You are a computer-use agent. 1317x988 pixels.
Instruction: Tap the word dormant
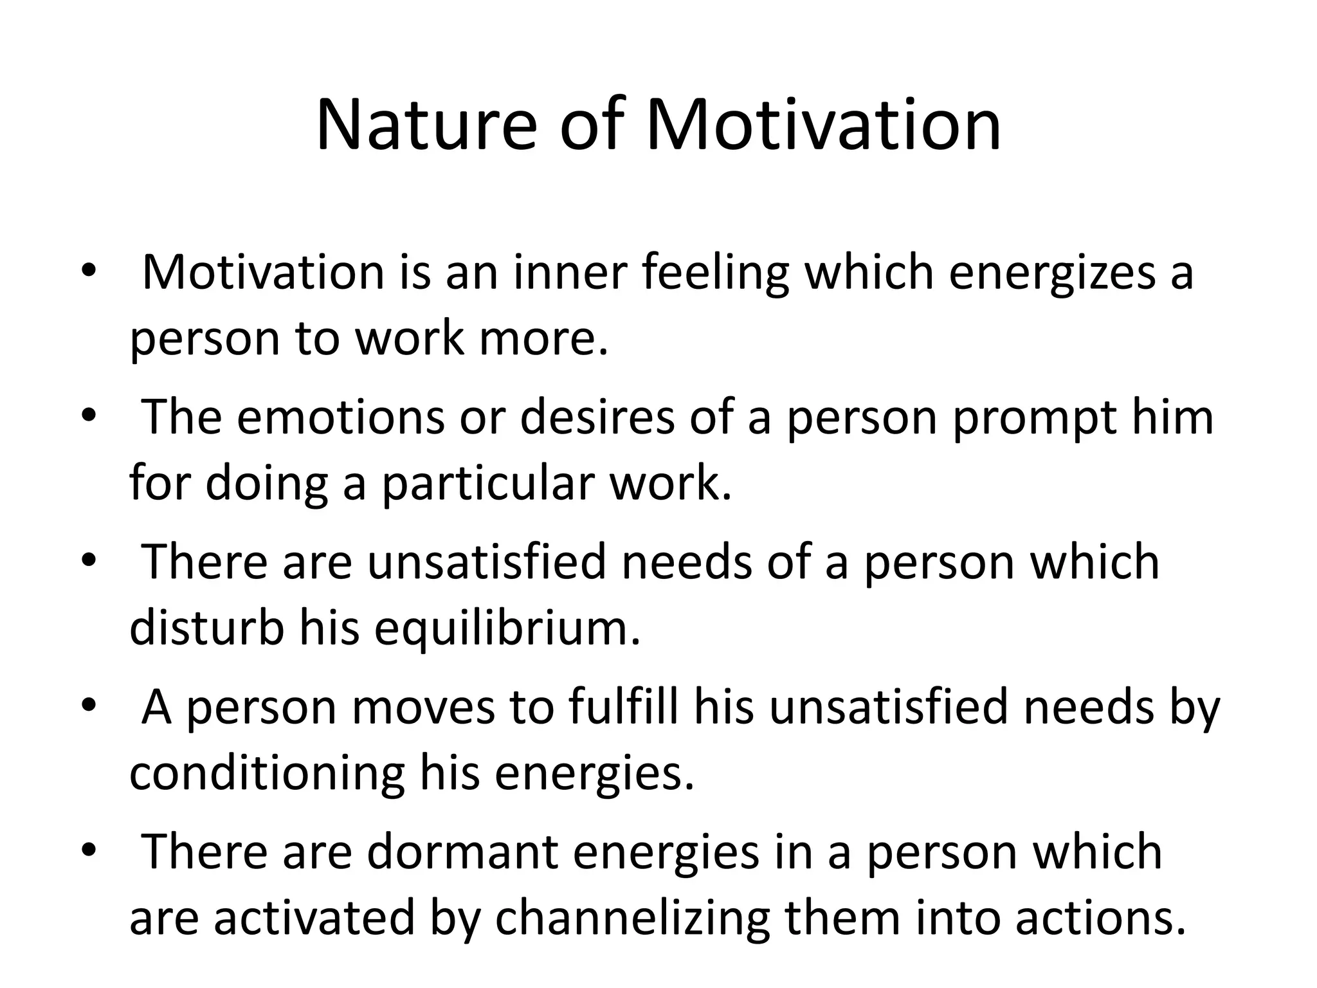[462, 852]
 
